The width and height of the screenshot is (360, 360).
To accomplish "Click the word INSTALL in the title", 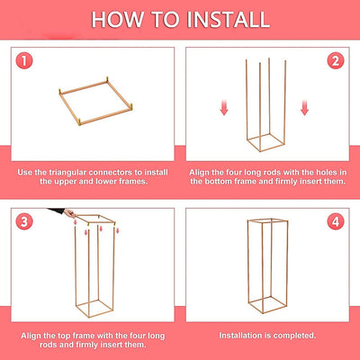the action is [228, 20].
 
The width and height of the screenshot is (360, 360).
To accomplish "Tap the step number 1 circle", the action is [24, 61].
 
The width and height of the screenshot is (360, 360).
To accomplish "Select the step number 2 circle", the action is [336, 61].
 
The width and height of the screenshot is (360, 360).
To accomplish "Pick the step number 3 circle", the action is [24, 222].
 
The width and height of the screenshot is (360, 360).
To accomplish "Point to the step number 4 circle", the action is [336, 222].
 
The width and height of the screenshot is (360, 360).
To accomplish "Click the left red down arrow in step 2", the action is [224, 108].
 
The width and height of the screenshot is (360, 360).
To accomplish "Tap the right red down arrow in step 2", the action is [304, 108].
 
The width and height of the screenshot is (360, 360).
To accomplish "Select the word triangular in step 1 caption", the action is [68, 173].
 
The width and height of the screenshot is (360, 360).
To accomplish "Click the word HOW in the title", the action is [117, 20].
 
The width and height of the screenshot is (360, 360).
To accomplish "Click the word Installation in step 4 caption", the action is [240, 335].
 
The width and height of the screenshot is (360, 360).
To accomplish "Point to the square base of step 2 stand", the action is [254, 146].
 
